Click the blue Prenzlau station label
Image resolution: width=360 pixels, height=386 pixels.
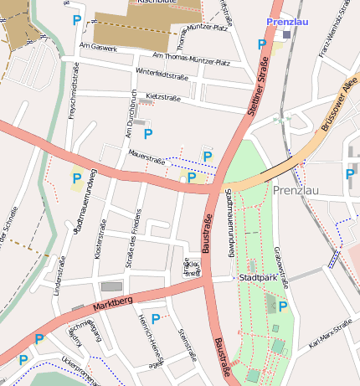288,21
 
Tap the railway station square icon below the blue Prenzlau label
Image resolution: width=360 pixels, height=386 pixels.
287,35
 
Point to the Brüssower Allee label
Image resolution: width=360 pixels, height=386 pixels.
338,106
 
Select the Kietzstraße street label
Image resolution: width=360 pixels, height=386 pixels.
163,98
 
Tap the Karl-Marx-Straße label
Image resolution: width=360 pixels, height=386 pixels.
330,334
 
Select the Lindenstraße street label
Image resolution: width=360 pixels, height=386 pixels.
59,278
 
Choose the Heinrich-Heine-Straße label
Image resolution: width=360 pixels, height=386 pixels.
149,343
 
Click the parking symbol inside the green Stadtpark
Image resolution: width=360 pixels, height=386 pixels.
283,306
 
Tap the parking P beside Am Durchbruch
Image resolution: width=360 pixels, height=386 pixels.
148,133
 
